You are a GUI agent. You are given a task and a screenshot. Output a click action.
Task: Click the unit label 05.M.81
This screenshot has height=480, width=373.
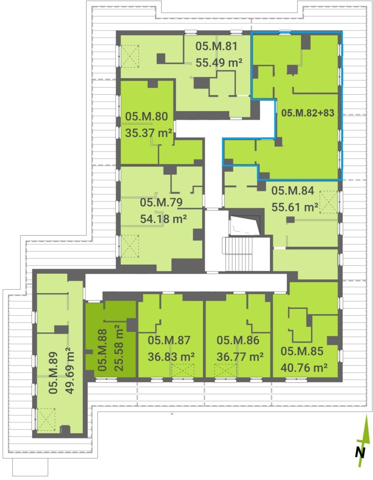[217, 46]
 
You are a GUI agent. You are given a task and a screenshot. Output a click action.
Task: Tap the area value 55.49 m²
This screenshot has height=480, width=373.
[219, 63]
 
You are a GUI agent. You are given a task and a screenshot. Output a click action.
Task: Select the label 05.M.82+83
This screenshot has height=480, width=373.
[307, 113]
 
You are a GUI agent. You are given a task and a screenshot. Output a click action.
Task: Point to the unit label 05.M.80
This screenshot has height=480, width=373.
[146, 116]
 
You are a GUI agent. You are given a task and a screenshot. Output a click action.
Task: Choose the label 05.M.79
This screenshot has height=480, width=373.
[161, 202]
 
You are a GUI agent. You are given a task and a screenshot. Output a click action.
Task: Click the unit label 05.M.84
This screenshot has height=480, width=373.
[293, 191]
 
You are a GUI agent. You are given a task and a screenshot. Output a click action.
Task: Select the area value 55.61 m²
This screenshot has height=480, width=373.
[295, 207]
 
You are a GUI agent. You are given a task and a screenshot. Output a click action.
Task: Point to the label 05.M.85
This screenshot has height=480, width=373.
[302, 351]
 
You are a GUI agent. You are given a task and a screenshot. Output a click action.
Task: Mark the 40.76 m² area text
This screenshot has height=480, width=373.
[304, 367]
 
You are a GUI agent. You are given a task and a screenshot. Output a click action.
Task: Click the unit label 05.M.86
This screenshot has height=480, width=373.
[238, 340]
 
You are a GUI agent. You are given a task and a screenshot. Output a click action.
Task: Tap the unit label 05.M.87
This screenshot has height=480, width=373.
[169, 340]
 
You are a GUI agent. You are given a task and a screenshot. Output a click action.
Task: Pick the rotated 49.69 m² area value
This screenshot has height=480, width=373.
[70, 371]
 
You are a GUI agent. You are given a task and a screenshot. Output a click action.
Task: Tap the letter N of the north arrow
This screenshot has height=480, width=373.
[360, 452]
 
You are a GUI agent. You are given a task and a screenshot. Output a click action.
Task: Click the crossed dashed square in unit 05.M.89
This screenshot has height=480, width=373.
[46, 419]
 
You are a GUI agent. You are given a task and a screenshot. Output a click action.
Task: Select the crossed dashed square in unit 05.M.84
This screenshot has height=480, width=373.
[329, 202]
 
